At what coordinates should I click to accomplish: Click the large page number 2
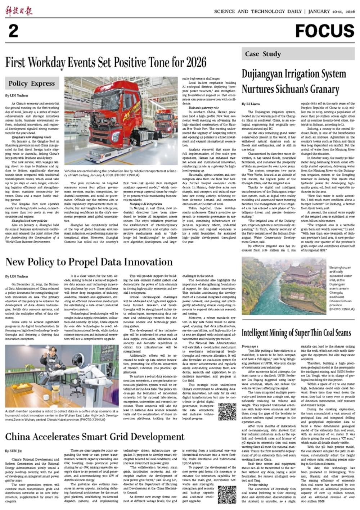coord(13,31)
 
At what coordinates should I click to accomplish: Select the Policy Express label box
coord(32,84)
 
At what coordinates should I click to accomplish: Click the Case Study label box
coord(263,54)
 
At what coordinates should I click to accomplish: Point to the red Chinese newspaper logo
coord(19,11)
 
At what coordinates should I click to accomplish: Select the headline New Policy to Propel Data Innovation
coord(89,262)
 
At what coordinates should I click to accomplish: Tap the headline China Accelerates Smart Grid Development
coord(95,437)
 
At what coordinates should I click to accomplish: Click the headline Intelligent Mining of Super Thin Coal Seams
coord(296,333)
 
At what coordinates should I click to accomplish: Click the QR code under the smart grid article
coord(227,495)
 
